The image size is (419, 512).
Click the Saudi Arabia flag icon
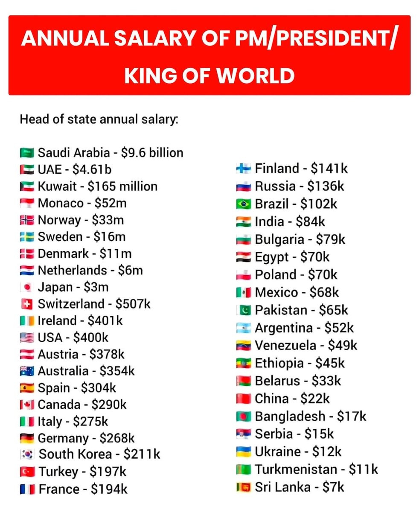[x=27, y=152]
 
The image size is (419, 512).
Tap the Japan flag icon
[x=27, y=287]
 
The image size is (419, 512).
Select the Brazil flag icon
[x=244, y=204]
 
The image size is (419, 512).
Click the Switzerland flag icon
[x=27, y=304]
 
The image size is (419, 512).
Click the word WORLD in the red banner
[x=255, y=76]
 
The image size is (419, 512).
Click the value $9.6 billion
[x=152, y=153]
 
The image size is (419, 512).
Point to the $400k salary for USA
[x=90, y=337]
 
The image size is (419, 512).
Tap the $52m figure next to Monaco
[x=111, y=203]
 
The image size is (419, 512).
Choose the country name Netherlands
[x=73, y=271]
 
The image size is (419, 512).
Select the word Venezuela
[x=285, y=345]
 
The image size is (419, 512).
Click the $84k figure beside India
[x=310, y=221]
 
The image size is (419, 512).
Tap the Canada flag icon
[x=27, y=405]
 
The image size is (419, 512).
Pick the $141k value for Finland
[x=329, y=169]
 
